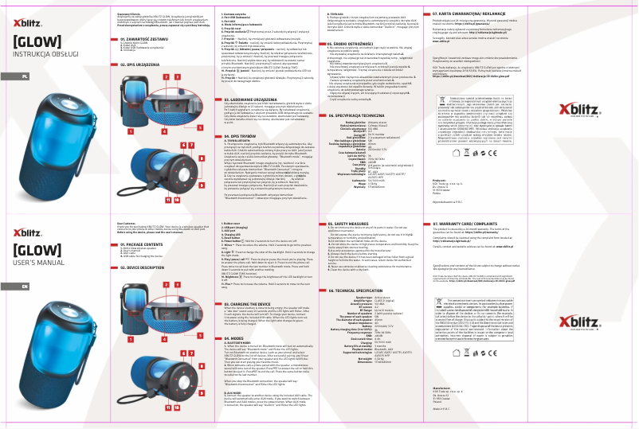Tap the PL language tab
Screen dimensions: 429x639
tap(25, 76)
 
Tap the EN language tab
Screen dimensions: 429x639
tap(25, 287)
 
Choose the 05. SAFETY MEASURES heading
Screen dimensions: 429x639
tap(357, 224)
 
